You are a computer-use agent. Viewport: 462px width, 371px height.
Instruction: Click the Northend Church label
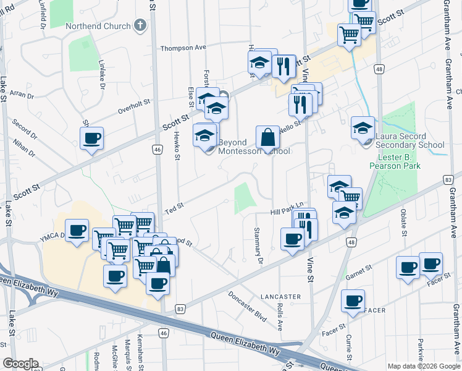106,26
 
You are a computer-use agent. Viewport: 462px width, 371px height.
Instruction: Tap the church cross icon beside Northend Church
141,26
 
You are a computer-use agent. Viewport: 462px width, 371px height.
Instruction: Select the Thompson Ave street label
183,48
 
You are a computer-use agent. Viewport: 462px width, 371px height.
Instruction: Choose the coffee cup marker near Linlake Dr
92,139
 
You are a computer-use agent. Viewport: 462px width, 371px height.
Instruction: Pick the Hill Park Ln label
288,212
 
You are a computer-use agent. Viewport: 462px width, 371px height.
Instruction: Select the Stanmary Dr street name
258,244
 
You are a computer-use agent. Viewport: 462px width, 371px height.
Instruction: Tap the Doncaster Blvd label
246,306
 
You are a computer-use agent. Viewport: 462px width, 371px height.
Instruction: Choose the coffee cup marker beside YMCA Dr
77,231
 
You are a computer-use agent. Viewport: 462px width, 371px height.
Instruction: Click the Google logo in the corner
20,364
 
